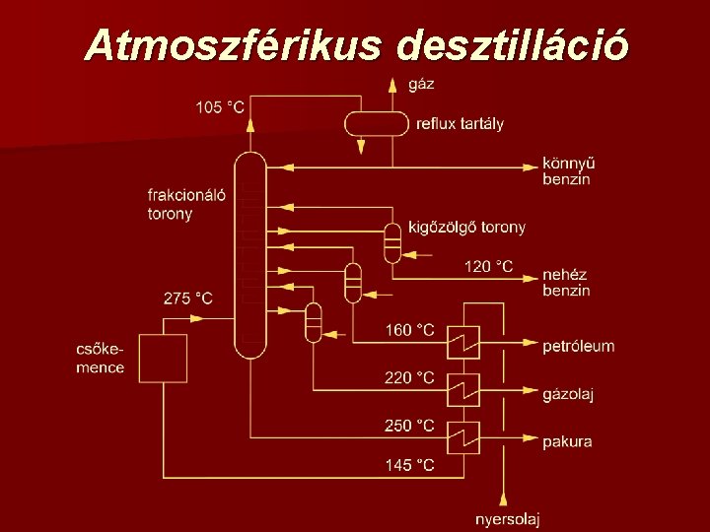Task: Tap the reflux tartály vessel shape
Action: tap(376, 123)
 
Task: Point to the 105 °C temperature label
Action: tap(220, 106)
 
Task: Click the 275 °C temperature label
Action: tap(187, 298)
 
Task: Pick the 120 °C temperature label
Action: tap(488, 266)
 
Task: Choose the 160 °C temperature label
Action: tap(409, 330)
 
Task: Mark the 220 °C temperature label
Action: tap(409, 377)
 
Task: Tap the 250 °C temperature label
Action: tap(409, 426)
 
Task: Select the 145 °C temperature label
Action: tap(409, 465)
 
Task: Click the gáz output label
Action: tap(421, 84)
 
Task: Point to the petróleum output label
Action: tap(578, 346)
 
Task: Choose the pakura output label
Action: tap(567, 441)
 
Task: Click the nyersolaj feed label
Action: tap(507, 519)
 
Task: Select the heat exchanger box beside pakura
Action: tap(463, 437)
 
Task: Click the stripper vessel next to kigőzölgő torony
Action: tap(392, 241)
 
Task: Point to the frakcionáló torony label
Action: tap(186, 204)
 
